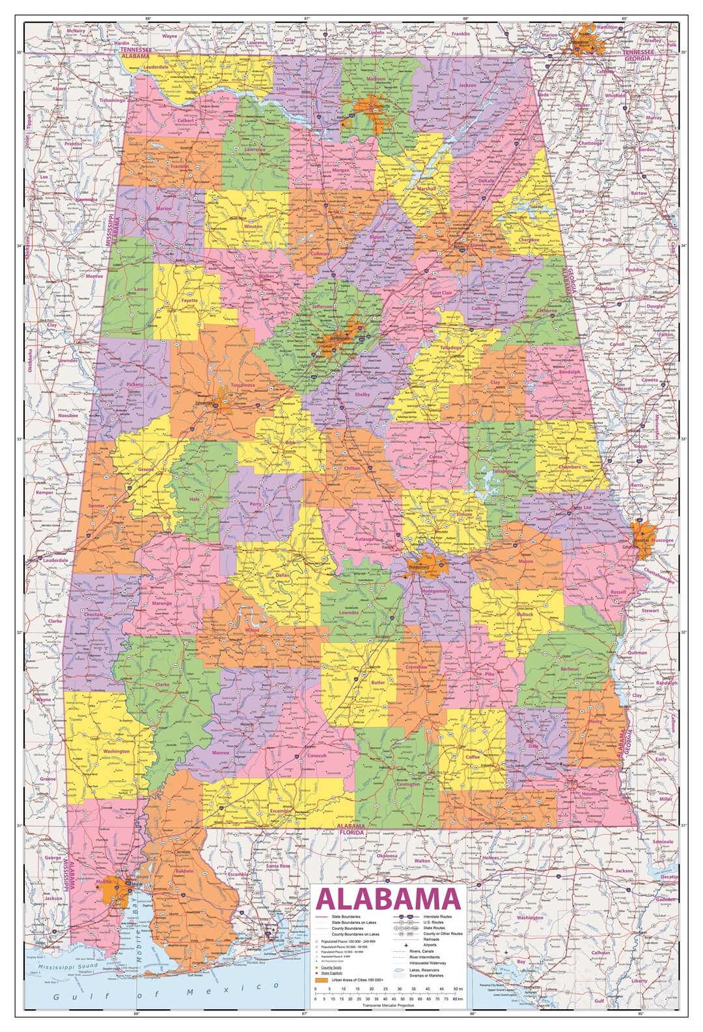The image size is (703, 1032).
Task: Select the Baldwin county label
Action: [x=184, y=871]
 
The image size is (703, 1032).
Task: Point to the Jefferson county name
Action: [x=323, y=306]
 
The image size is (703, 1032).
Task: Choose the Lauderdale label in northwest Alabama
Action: [x=156, y=66]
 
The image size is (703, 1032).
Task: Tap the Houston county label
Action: [x=591, y=794]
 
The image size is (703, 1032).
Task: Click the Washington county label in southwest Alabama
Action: [x=117, y=751]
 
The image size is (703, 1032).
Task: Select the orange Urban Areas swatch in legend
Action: [x=322, y=980]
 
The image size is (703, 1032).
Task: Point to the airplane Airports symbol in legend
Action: [x=406, y=945]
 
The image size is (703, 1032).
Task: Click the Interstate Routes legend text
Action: [x=437, y=917]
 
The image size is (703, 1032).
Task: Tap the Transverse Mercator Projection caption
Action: [x=388, y=1005]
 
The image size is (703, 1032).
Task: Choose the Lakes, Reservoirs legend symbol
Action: [x=399, y=970]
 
